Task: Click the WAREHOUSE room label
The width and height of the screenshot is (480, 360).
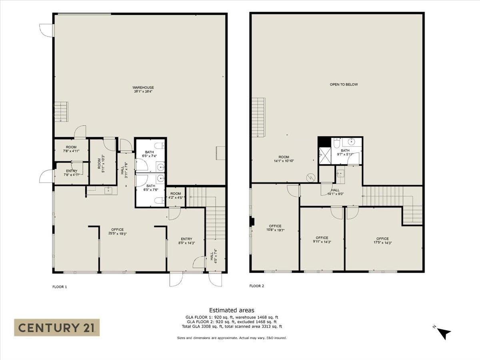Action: pos(143,90)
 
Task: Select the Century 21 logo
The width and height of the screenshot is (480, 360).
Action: pos(57,328)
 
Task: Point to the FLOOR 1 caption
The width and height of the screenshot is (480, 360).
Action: pos(60,286)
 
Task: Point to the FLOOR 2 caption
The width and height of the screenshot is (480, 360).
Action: pos(256,286)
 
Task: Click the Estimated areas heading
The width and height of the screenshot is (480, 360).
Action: pos(232,310)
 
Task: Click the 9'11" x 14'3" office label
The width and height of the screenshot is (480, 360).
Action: pos(322,240)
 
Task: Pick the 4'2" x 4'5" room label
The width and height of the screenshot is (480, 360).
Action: pos(176,196)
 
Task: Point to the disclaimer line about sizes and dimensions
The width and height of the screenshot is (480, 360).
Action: pos(232,338)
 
